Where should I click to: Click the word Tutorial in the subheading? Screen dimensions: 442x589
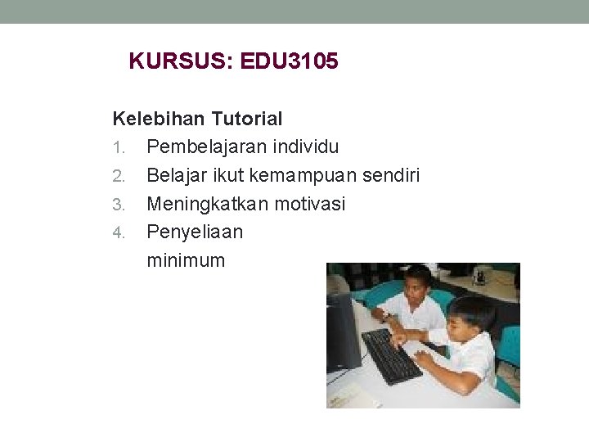pos(247,119)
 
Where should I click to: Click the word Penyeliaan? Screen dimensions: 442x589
pos(195,232)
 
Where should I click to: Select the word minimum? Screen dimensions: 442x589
pos(186,260)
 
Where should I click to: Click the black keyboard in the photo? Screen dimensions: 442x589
pos(391,355)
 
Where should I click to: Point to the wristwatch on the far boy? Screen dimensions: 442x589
pos(384,315)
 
